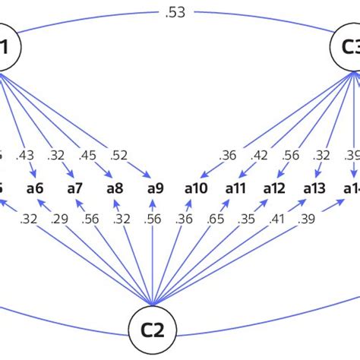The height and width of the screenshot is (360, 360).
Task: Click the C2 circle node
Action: coord(156,329)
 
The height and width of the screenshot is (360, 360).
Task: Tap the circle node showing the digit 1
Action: coord(6,47)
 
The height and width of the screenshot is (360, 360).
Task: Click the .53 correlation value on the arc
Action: coord(179,12)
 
